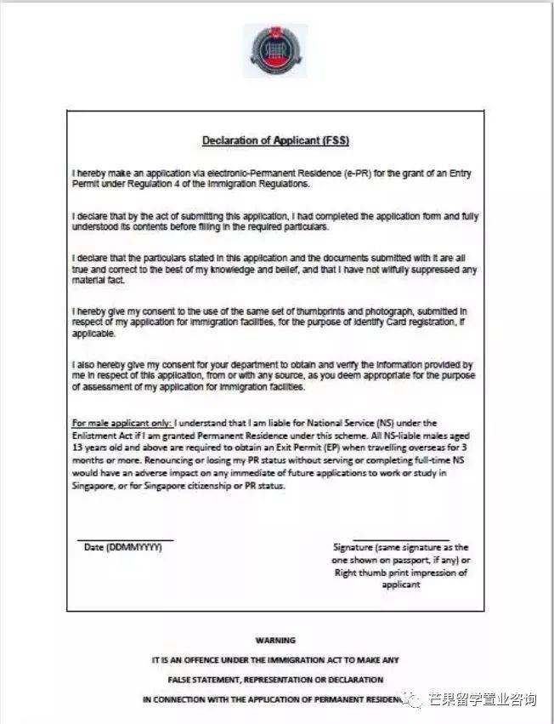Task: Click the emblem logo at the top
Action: click(275, 49)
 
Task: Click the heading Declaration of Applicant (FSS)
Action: click(275, 140)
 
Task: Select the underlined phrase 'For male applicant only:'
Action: click(122, 423)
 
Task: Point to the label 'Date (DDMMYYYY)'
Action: click(123, 547)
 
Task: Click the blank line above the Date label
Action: click(125, 539)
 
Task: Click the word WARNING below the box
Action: click(275, 640)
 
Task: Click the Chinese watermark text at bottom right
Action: click(480, 700)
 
